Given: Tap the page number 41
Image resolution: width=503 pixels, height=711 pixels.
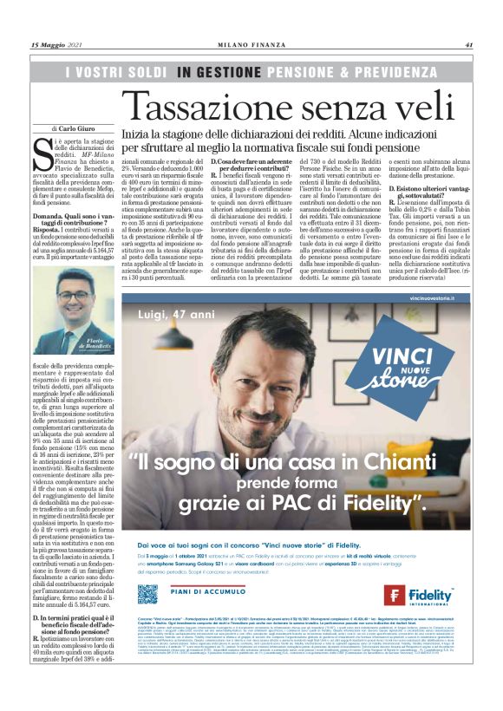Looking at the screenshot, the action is click(468, 45).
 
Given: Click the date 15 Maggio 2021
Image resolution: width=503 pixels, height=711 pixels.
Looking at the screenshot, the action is click(58, 45).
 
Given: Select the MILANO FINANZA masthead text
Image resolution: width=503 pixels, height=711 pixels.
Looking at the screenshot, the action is click(251, 45).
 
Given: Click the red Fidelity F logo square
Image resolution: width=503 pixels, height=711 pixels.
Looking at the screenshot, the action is click(395, 596).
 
